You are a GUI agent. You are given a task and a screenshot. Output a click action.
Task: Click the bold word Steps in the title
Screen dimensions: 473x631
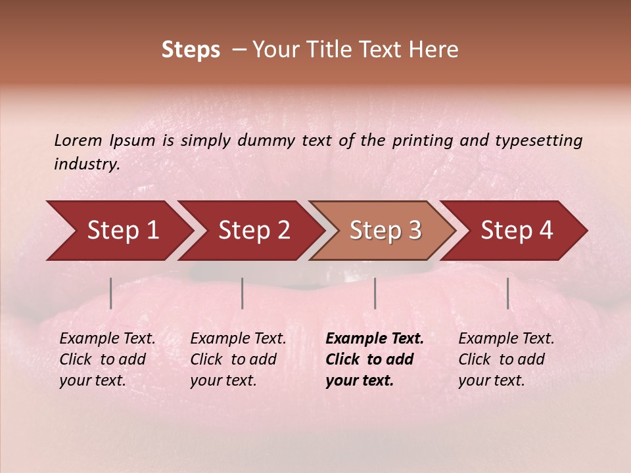coord(191,50)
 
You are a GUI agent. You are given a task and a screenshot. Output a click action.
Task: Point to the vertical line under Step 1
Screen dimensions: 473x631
coord(111,293)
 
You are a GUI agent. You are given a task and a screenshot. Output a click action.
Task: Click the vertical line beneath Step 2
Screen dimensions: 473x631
coord(243,293)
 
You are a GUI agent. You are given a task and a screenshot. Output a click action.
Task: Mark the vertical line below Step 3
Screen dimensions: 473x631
coord(375,293)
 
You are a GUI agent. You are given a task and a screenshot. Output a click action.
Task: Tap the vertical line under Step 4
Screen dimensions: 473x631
coord(508,293)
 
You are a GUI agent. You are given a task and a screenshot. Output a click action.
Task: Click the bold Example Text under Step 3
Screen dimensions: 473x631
coord(375,359)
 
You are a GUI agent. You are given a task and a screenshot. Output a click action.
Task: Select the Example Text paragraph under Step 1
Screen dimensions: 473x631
coord(107,359)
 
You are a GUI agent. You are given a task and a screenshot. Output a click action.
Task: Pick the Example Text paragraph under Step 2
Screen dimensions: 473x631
coord(238,359)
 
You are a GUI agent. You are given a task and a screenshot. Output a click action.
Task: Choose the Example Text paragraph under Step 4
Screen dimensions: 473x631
coord(506,359)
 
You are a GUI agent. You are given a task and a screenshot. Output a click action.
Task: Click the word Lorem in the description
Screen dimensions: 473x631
coord(78,140)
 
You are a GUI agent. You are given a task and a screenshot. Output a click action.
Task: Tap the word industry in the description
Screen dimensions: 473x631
coord(86,164)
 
